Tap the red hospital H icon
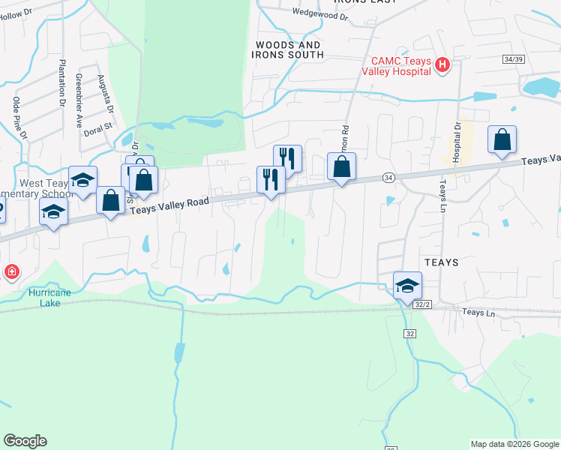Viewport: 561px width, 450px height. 442,66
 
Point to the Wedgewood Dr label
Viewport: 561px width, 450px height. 320,13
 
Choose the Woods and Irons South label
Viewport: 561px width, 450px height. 289,50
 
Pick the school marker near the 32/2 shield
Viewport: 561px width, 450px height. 407,286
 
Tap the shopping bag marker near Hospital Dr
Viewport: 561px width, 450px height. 502,140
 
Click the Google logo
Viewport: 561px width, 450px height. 25,441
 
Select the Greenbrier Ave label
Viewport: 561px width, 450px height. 79,100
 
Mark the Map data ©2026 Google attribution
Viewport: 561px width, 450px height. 514,444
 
